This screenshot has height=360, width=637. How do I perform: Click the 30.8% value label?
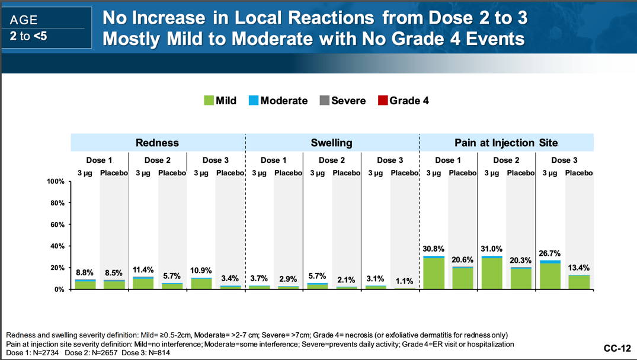(x=434, y=249)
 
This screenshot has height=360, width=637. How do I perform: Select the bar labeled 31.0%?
(x=492, y=272)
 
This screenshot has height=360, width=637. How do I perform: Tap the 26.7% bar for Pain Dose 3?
(x=550, y=275)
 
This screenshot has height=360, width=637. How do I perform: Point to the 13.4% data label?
(x=579, y=268)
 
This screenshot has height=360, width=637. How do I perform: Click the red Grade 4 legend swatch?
(x=382, y=101)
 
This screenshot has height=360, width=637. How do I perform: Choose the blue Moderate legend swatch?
(x=253, y=101)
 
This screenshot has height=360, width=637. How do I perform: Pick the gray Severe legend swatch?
(x=324, y=101)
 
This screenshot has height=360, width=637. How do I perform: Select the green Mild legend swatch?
(x=209, y=101)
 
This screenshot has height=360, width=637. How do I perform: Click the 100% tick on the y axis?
(x=55, y=182)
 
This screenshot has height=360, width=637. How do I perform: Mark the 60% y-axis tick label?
(x=57, y=225)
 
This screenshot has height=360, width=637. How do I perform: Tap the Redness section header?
(x=157, y=143)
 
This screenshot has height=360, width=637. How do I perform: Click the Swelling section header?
(x=331, y=143)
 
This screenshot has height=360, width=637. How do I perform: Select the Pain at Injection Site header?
(x=506, y=143)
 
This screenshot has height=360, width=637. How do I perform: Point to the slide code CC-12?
(x=617, y=348)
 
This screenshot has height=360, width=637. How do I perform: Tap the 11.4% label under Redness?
(x=143, y=270)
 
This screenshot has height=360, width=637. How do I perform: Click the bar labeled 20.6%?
(x=463, y=278)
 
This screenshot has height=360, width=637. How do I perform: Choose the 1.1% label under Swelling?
(x=405, y=281)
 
